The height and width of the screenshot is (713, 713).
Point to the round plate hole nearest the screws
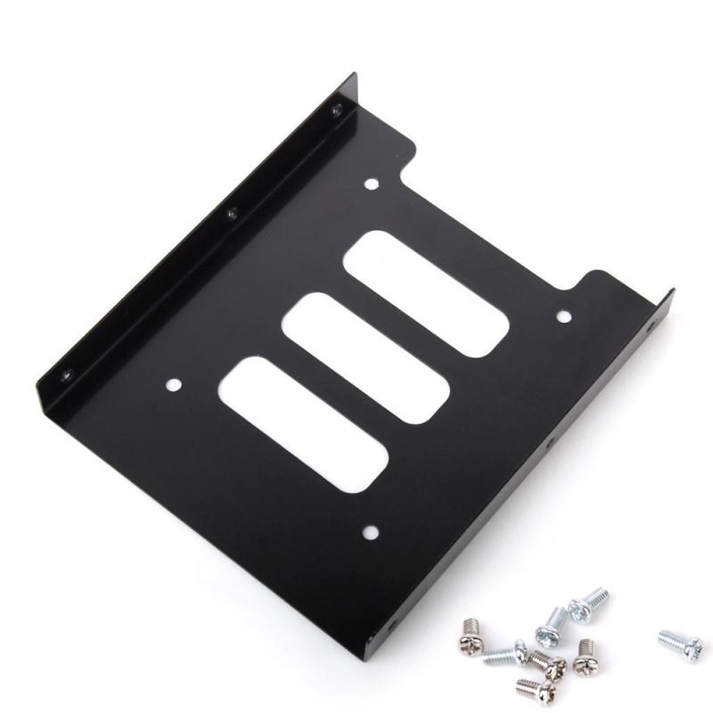tap(371, 532)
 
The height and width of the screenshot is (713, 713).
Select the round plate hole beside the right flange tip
tap(563, 316)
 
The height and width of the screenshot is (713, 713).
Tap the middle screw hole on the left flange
tap(231, 214)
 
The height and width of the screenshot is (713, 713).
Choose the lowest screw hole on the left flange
tap(67, 376)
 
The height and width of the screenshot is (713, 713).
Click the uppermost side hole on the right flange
tap(648, 328)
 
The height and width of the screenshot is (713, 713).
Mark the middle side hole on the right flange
tap(550, 443)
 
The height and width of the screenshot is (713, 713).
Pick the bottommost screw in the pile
tap(529, 687)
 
